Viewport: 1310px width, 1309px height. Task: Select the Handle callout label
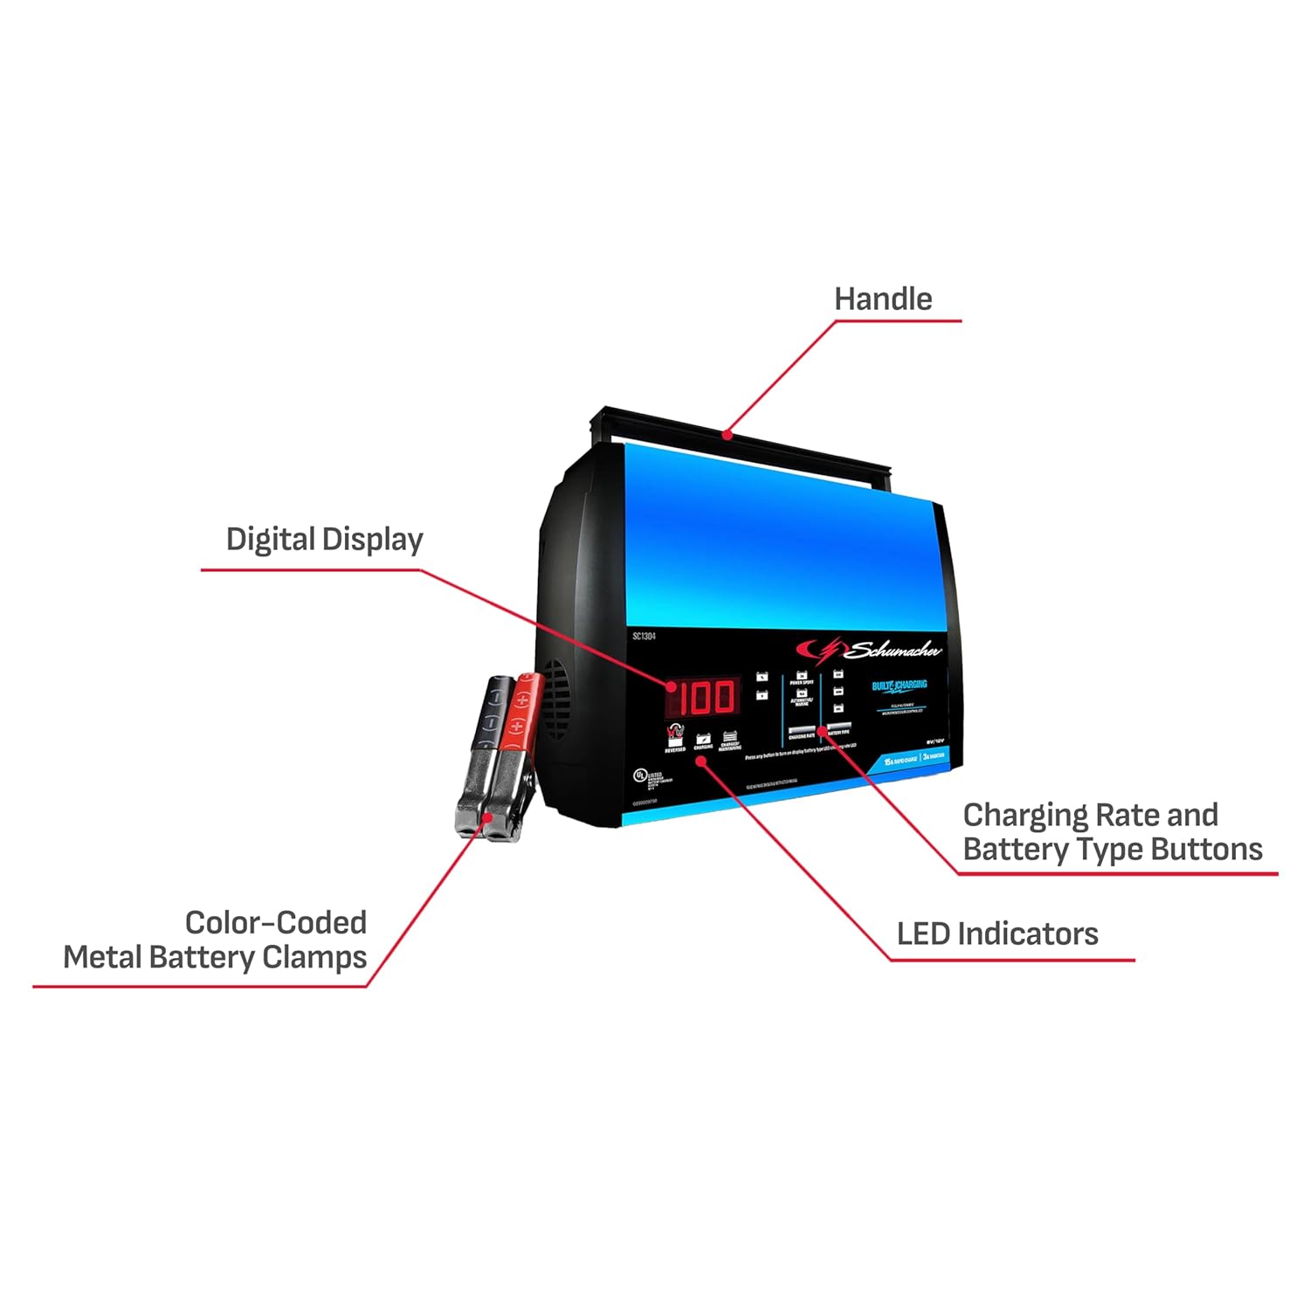click(x=883, y=300)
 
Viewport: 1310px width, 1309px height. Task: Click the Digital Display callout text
click(x=324, y=540)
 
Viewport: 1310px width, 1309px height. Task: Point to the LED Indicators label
click(x=997, y=934)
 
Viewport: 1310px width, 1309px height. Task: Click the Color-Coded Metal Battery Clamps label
click(x=215, y=940)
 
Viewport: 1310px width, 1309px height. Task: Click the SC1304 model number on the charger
click(x=644, y=637)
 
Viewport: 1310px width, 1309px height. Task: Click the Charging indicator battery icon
click(x=703, y=740)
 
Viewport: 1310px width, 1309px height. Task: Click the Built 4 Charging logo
click(x=900, y=686)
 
